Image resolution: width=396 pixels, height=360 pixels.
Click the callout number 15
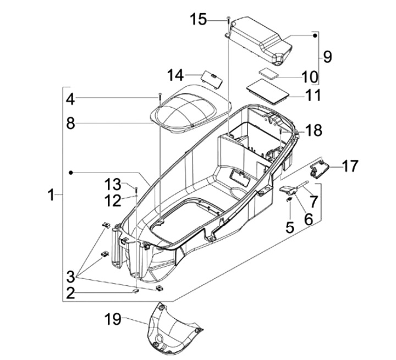click(198, 19)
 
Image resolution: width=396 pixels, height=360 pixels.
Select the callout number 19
click(113, 319)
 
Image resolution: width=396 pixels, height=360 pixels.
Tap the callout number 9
click(327, 57)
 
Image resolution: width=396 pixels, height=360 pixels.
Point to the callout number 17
click(350, 167)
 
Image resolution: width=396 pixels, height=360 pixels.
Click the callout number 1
click(51, 195)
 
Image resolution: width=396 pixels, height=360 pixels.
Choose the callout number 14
click(175, 75)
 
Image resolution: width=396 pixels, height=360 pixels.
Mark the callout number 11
click(312, 95)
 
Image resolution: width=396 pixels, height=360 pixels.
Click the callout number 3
click(71, 276)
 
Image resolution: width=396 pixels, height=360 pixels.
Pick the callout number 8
click(71, 124)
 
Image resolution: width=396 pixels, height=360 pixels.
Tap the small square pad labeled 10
click(268, 72)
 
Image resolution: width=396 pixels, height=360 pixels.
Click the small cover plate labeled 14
click(212, 80)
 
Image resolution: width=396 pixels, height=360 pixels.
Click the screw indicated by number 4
click(160, 97)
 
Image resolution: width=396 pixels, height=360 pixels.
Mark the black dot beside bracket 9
click(315, 36)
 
